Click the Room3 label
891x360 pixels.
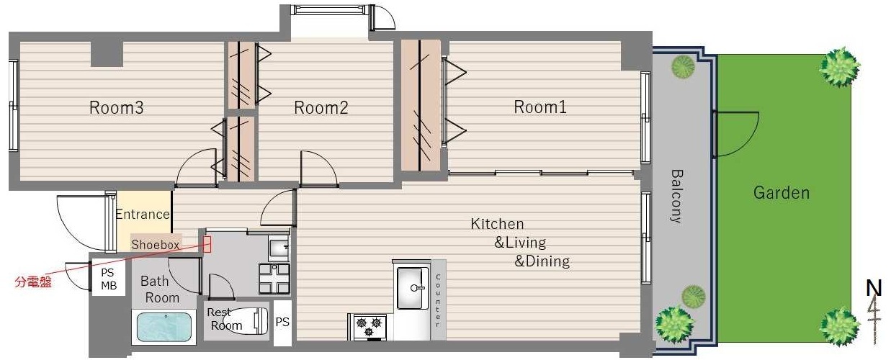point(116,108)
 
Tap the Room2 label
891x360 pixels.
point(321,108)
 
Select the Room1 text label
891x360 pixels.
point(540,107)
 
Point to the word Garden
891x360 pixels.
point(782,193)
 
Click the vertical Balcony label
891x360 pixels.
point(676,197)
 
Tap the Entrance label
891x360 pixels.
point(143,215)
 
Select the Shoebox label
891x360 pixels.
point(156,245)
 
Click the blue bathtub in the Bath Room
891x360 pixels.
point(164,327)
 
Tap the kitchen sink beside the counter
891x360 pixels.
point(413,287)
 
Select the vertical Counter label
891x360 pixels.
point(438,301)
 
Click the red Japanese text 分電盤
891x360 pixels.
point(33,282)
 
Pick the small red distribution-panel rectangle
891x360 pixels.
point(207,244)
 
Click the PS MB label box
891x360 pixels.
point(109,279)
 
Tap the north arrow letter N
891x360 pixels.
point(874,288)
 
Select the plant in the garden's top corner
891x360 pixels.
point(840,67)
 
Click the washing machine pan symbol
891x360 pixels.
point(274,279)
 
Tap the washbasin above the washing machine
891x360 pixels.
point(279,248)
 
